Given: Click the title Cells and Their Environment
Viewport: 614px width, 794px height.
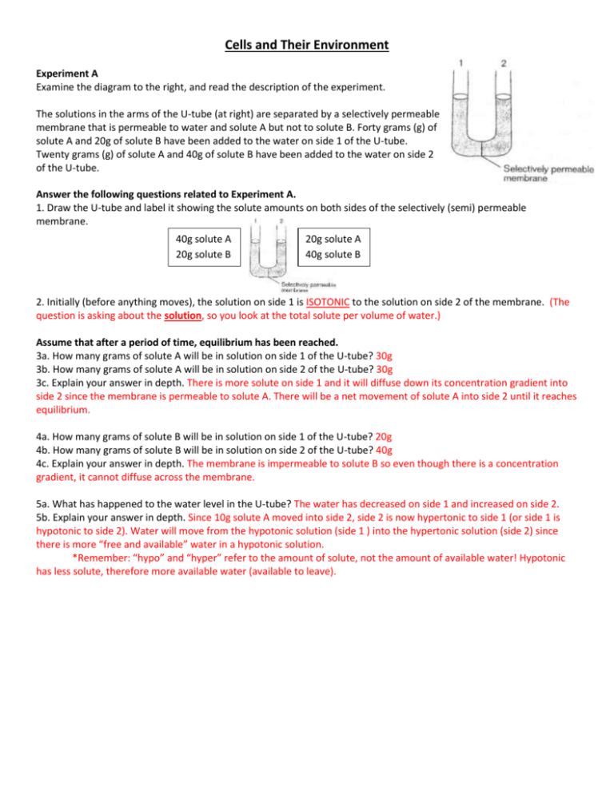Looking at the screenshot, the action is coord(307,45).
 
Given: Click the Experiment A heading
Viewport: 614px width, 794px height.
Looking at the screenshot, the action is coord(67,74).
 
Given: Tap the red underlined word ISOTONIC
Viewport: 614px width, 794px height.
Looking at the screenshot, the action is coord(328,302).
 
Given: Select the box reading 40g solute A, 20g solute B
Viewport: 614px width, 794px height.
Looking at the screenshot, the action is coord(203,247).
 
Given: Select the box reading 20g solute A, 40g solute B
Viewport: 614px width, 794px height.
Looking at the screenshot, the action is coord(333,247).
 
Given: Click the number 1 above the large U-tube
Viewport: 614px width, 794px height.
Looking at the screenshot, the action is coord(460,63).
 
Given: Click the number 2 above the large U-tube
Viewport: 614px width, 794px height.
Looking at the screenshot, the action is coord(504,63).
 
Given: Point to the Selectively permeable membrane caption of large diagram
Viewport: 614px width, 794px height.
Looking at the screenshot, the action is coord(548,173).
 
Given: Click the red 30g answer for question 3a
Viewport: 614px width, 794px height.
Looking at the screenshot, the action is coord(384,356).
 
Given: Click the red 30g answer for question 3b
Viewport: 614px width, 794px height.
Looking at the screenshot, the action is coord(385,370).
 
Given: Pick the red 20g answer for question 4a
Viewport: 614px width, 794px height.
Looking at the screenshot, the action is coord(384,437).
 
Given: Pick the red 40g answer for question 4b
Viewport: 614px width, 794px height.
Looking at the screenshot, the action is coord(384,451).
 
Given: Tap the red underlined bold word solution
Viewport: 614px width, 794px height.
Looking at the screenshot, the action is coord(182,316).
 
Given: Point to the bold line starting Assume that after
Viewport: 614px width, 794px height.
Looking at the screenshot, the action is coord(187,343).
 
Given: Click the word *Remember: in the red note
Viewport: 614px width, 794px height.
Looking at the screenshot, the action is coord(102,558).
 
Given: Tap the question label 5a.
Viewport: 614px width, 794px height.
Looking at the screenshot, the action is coord(42,504).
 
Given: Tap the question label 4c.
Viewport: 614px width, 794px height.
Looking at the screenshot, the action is coord(42,464).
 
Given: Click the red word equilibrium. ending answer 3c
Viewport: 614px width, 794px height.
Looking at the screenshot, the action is coord(63,410).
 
